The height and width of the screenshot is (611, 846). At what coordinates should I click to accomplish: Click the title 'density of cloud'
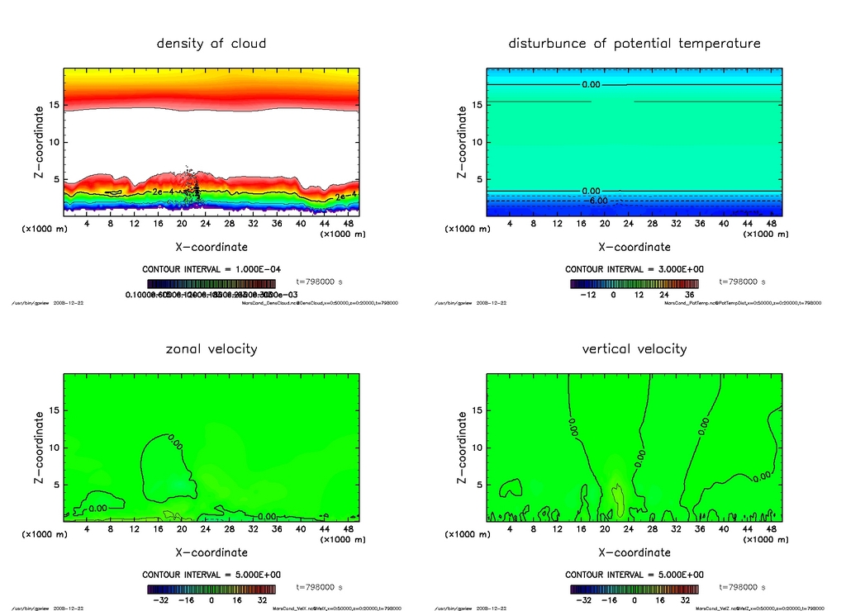pyautogui.click(x=211, y=43)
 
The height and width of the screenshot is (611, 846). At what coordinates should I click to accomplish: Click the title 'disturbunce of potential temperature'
pyautogui.click(x=634, y=43)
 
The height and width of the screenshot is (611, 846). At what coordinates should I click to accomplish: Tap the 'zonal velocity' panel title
pyautogui.click(x=211, y=348)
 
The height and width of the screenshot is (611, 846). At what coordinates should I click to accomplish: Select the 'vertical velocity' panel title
pyautogui.click(x=634, y=348)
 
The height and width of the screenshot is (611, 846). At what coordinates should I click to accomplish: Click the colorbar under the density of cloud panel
pyautogui.click(x=211, y=283)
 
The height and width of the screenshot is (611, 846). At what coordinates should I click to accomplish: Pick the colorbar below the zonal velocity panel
pyautogui.click(x=211, y=590)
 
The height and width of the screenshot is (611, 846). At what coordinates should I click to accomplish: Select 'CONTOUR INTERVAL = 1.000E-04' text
pyautogui.click(x=211, y=269)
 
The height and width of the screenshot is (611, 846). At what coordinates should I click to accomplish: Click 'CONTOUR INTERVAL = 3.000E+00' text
pyautogui.click(x=634, y=269)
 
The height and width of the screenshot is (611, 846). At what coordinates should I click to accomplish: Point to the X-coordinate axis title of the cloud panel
pyautogui.click(x=211, y=247)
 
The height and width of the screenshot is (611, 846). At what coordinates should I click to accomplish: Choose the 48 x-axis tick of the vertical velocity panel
pyautogui.click(x=771, y=529)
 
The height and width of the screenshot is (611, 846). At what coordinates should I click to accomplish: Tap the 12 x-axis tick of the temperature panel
pyautogui.click(x=558, y=224)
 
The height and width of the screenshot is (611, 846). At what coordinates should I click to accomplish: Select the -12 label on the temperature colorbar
pyautogui.click(x=588, y=295)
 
